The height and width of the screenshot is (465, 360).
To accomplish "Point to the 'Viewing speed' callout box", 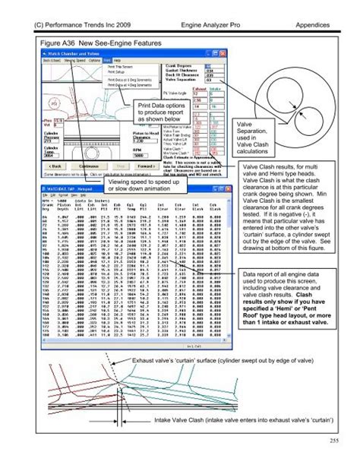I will tap(143, 186).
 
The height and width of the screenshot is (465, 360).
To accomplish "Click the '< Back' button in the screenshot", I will tap(42, 163).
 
